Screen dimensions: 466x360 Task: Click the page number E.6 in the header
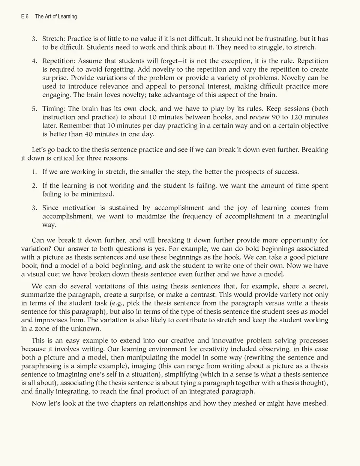25,17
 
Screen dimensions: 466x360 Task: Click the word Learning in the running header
67,17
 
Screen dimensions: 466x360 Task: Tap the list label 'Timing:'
54,109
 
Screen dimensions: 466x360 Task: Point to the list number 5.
34,109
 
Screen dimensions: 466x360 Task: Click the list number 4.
34,61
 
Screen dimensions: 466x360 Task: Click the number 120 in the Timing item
297,117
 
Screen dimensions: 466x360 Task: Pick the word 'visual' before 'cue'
37,274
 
